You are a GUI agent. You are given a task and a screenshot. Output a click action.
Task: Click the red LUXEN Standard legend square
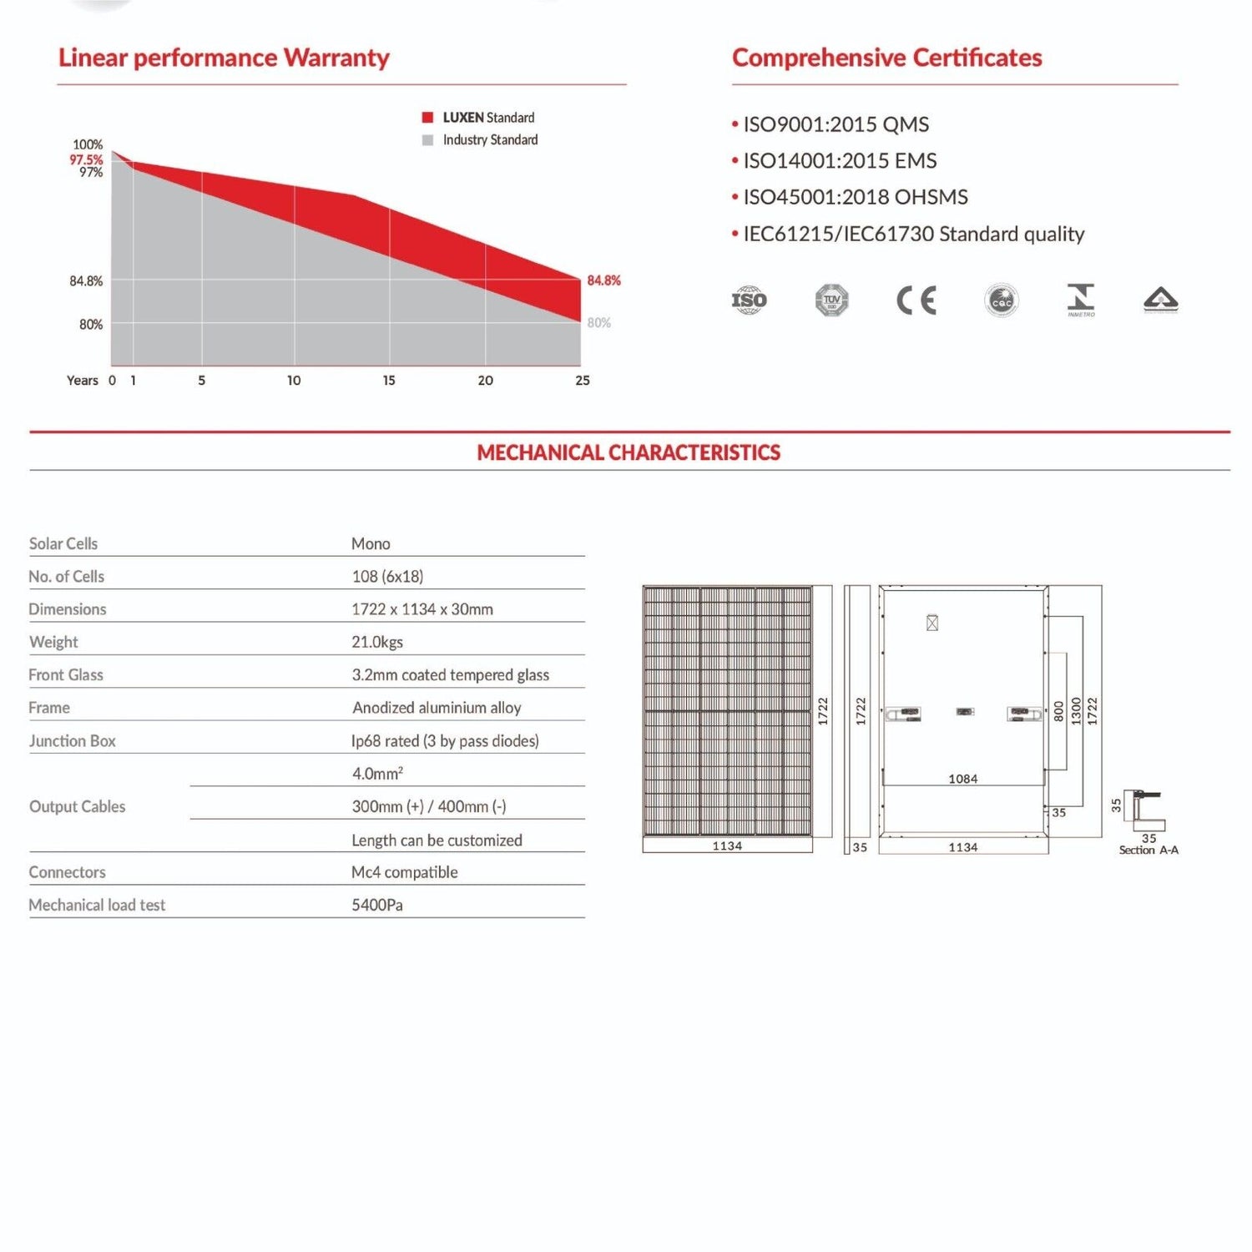click(x=427, y=118)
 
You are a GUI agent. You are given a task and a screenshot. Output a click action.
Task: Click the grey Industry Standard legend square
click(x=427, y=140)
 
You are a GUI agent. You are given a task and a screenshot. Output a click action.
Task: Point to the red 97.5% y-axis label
click(x=86, y=159)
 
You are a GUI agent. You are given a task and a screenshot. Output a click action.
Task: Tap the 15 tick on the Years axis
click(x=389, y=381)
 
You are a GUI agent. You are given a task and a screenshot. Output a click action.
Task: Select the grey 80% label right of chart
click(x=598, y=323)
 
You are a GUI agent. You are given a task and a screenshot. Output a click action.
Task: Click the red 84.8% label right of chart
click(x=603, y=280)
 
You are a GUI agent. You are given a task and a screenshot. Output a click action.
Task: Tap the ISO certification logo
click(x=749, y=300)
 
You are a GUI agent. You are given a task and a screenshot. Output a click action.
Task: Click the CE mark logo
click(x=916, y=300)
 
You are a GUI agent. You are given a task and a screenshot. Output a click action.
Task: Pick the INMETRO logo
click(x=1081, y=300)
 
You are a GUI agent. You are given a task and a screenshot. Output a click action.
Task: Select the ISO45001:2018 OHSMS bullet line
click(x=855, y=197)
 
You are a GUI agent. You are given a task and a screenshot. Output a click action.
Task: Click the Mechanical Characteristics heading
click(x=629, y=452)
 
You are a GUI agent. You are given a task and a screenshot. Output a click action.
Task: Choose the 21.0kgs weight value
click(x=377, y=642)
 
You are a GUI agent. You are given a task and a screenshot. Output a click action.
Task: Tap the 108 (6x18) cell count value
click(x=387, y=577)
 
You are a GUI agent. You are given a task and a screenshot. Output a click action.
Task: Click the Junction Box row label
click(x=73, y=741)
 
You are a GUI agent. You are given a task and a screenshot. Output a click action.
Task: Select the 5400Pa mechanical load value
click(x=377, y=905)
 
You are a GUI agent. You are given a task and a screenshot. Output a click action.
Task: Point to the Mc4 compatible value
click(x=405, y=872)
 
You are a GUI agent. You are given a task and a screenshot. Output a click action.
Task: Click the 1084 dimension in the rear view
click(x=963, y=779)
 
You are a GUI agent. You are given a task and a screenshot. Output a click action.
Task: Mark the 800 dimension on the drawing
click(x=1058, y=711)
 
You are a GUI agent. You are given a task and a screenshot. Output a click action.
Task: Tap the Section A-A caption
click(x=1149, y=851)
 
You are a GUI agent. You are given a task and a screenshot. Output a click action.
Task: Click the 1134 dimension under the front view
click(x=727, y=846)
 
